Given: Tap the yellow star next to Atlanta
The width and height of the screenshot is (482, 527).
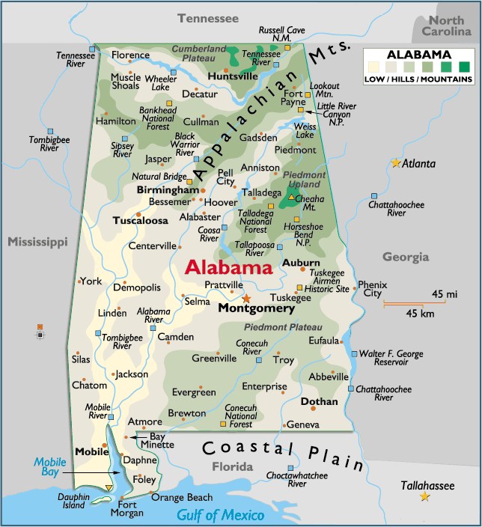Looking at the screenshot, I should pos(395,162).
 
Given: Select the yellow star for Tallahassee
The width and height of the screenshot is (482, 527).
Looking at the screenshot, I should pos(425,496).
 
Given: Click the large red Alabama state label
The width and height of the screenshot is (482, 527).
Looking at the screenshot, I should pos(228,267).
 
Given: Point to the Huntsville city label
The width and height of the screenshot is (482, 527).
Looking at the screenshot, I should pos(212,76).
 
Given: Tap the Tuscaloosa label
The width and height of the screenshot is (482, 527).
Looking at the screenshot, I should pos(140,221).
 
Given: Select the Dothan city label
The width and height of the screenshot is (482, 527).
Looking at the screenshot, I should pos(319,401).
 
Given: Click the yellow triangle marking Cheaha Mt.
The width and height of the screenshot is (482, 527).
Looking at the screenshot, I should pos(291,197).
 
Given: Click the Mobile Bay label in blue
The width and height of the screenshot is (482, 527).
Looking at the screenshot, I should pos(51,466).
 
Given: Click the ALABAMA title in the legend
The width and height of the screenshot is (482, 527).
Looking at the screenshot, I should pos(418,55).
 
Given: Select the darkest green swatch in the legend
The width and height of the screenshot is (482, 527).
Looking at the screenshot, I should pos(464,67).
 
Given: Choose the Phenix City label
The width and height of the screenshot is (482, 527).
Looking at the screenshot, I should pos(372,289).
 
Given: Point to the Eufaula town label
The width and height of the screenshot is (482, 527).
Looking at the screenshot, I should pos(324,341).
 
